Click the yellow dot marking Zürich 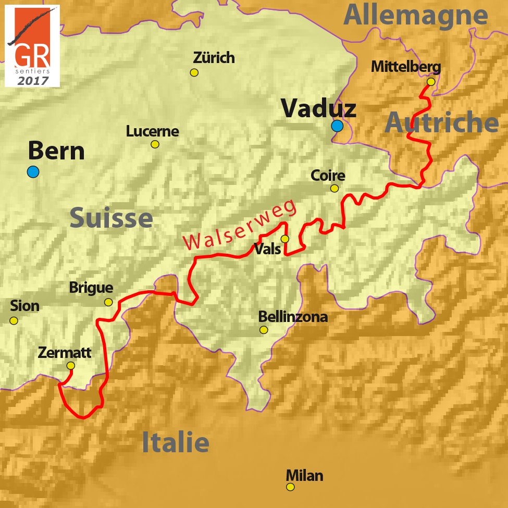pos(194,72)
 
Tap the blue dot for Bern pos(33,172)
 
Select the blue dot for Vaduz pos(337,126)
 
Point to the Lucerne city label pos(152,131)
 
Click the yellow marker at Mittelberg pos(431,82)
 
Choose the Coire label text pos(328,176)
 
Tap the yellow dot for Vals pos(284,239)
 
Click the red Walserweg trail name pos(240,225)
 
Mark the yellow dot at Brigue pos(108,302)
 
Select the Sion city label pos(24,306)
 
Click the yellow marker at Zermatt pos(71,366)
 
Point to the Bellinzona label pos(293,316)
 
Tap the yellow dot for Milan pos(290,487)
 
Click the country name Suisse pos(111,218)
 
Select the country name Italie pos(176,443)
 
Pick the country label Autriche pos(442,123)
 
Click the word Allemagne pos(415,15)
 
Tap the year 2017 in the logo pos(32,81)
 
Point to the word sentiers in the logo pos(32,71)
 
